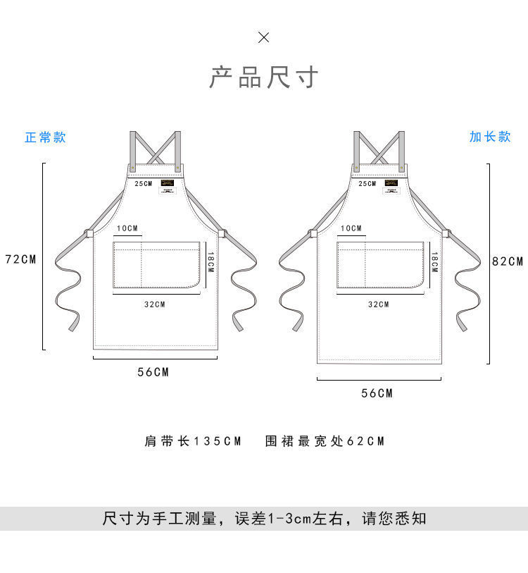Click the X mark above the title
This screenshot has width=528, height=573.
pyautogui.click(x=263, y=37)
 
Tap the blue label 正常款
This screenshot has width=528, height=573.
pyautogui.click(x=45, y=137)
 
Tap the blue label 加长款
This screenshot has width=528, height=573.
pyautogui.click(x=490, y=137)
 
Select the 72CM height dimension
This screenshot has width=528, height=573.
pyautogui.click(x=20, y=259)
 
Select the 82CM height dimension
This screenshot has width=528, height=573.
pyautogui.click(x=508, y=261)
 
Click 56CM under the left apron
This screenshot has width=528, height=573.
pyautogui.click(x=153, y=372)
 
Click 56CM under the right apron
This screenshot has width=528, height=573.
pyautogui.click(x=377, y=393)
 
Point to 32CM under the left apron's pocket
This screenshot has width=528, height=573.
pyautogui.click(x=154, y=304)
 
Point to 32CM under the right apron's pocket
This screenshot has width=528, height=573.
pyautogui.click(x=378, y=304)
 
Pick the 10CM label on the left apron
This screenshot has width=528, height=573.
pyautogui.click(x=128, y=228)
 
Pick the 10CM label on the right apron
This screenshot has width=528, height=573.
pyautogui.click(x=351, y=228)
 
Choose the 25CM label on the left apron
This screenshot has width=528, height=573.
pyautogui.click(x=143, y=184)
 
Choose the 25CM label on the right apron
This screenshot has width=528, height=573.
pyautogui.click(x=367, y=184)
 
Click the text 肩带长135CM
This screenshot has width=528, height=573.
pyautogui.click(x=193, y=441)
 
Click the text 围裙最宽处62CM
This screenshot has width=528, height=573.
pyautogui.click(x=325, y=441)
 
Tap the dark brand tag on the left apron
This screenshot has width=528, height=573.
pyautogui.click(x=167, y=183)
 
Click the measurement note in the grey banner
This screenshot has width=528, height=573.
pyautogui.click(x=264, y=519)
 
